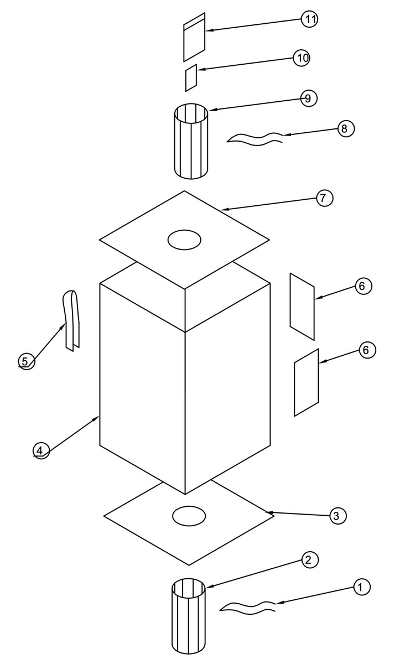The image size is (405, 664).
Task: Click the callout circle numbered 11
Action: coord(309,19)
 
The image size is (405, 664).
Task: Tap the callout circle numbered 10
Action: coord(302,58)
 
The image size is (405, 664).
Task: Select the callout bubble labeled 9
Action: coord(309,98)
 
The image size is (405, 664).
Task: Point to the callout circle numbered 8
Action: coord(346,128)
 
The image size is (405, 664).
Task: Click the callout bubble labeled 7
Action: coord(325,198)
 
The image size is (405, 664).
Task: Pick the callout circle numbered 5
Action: coord(27,361)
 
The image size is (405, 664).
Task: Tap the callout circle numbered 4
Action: coord(41,451)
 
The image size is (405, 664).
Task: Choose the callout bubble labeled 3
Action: coord(338,516)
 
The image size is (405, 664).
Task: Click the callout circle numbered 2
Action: coord(310,560)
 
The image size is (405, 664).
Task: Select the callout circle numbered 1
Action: coord(362,587)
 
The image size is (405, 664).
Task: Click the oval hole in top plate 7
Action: coord(184,240)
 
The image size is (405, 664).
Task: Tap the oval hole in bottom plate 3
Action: coord(189,516)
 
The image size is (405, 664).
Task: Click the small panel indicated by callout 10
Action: coord(191,77)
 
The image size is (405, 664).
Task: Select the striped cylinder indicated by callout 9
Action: coord(191,141)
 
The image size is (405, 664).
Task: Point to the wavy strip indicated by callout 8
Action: coord(255,139)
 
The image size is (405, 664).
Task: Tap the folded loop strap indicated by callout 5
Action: coord(71,321)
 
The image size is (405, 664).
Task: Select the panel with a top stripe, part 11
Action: coord(194,37)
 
